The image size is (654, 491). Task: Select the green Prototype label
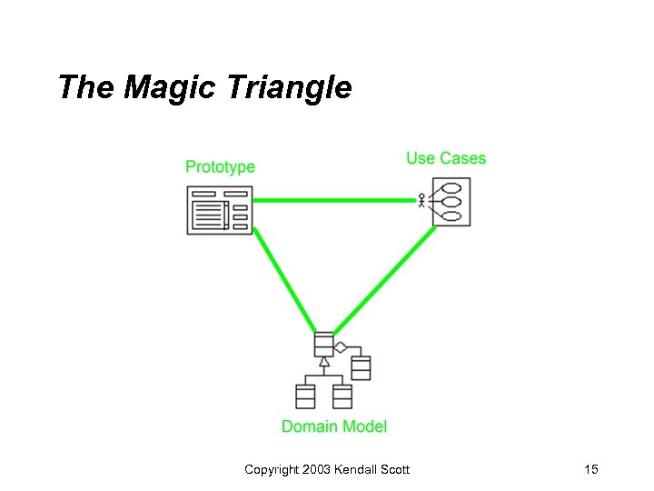220,166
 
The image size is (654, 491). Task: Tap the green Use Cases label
445,158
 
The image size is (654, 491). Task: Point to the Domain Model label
333,426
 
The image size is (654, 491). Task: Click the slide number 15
591,469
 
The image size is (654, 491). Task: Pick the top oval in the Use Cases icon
451,187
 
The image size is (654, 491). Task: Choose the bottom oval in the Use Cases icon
451,216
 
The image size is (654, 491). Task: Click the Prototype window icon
219,210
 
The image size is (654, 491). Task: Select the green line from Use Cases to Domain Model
386,279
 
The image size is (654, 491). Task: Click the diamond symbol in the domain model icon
341,346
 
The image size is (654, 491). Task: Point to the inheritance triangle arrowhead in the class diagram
324,362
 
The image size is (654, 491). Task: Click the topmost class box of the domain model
323,345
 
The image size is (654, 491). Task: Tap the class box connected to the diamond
361,367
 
